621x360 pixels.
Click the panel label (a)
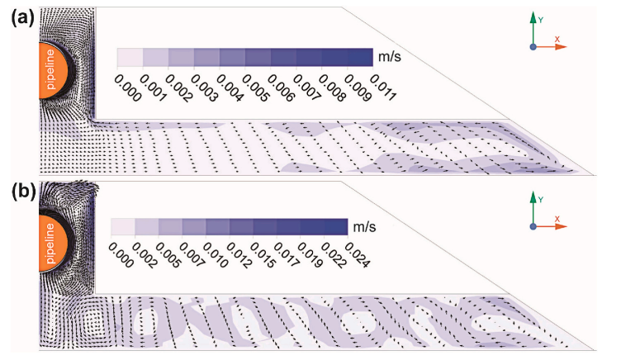pyautogui.click(x=17, y=16)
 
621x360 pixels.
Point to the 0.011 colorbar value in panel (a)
pyautogui.click(x=382, y=86)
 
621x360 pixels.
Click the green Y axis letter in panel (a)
pyautogui.click(x=540, y=17)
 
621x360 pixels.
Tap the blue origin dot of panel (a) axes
pyautogui.click(x=533, y=47)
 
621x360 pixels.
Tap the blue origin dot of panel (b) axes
pyautogui.click(x=533, y=227)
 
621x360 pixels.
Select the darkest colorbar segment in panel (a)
pyautogui.click(x=362, y=57)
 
